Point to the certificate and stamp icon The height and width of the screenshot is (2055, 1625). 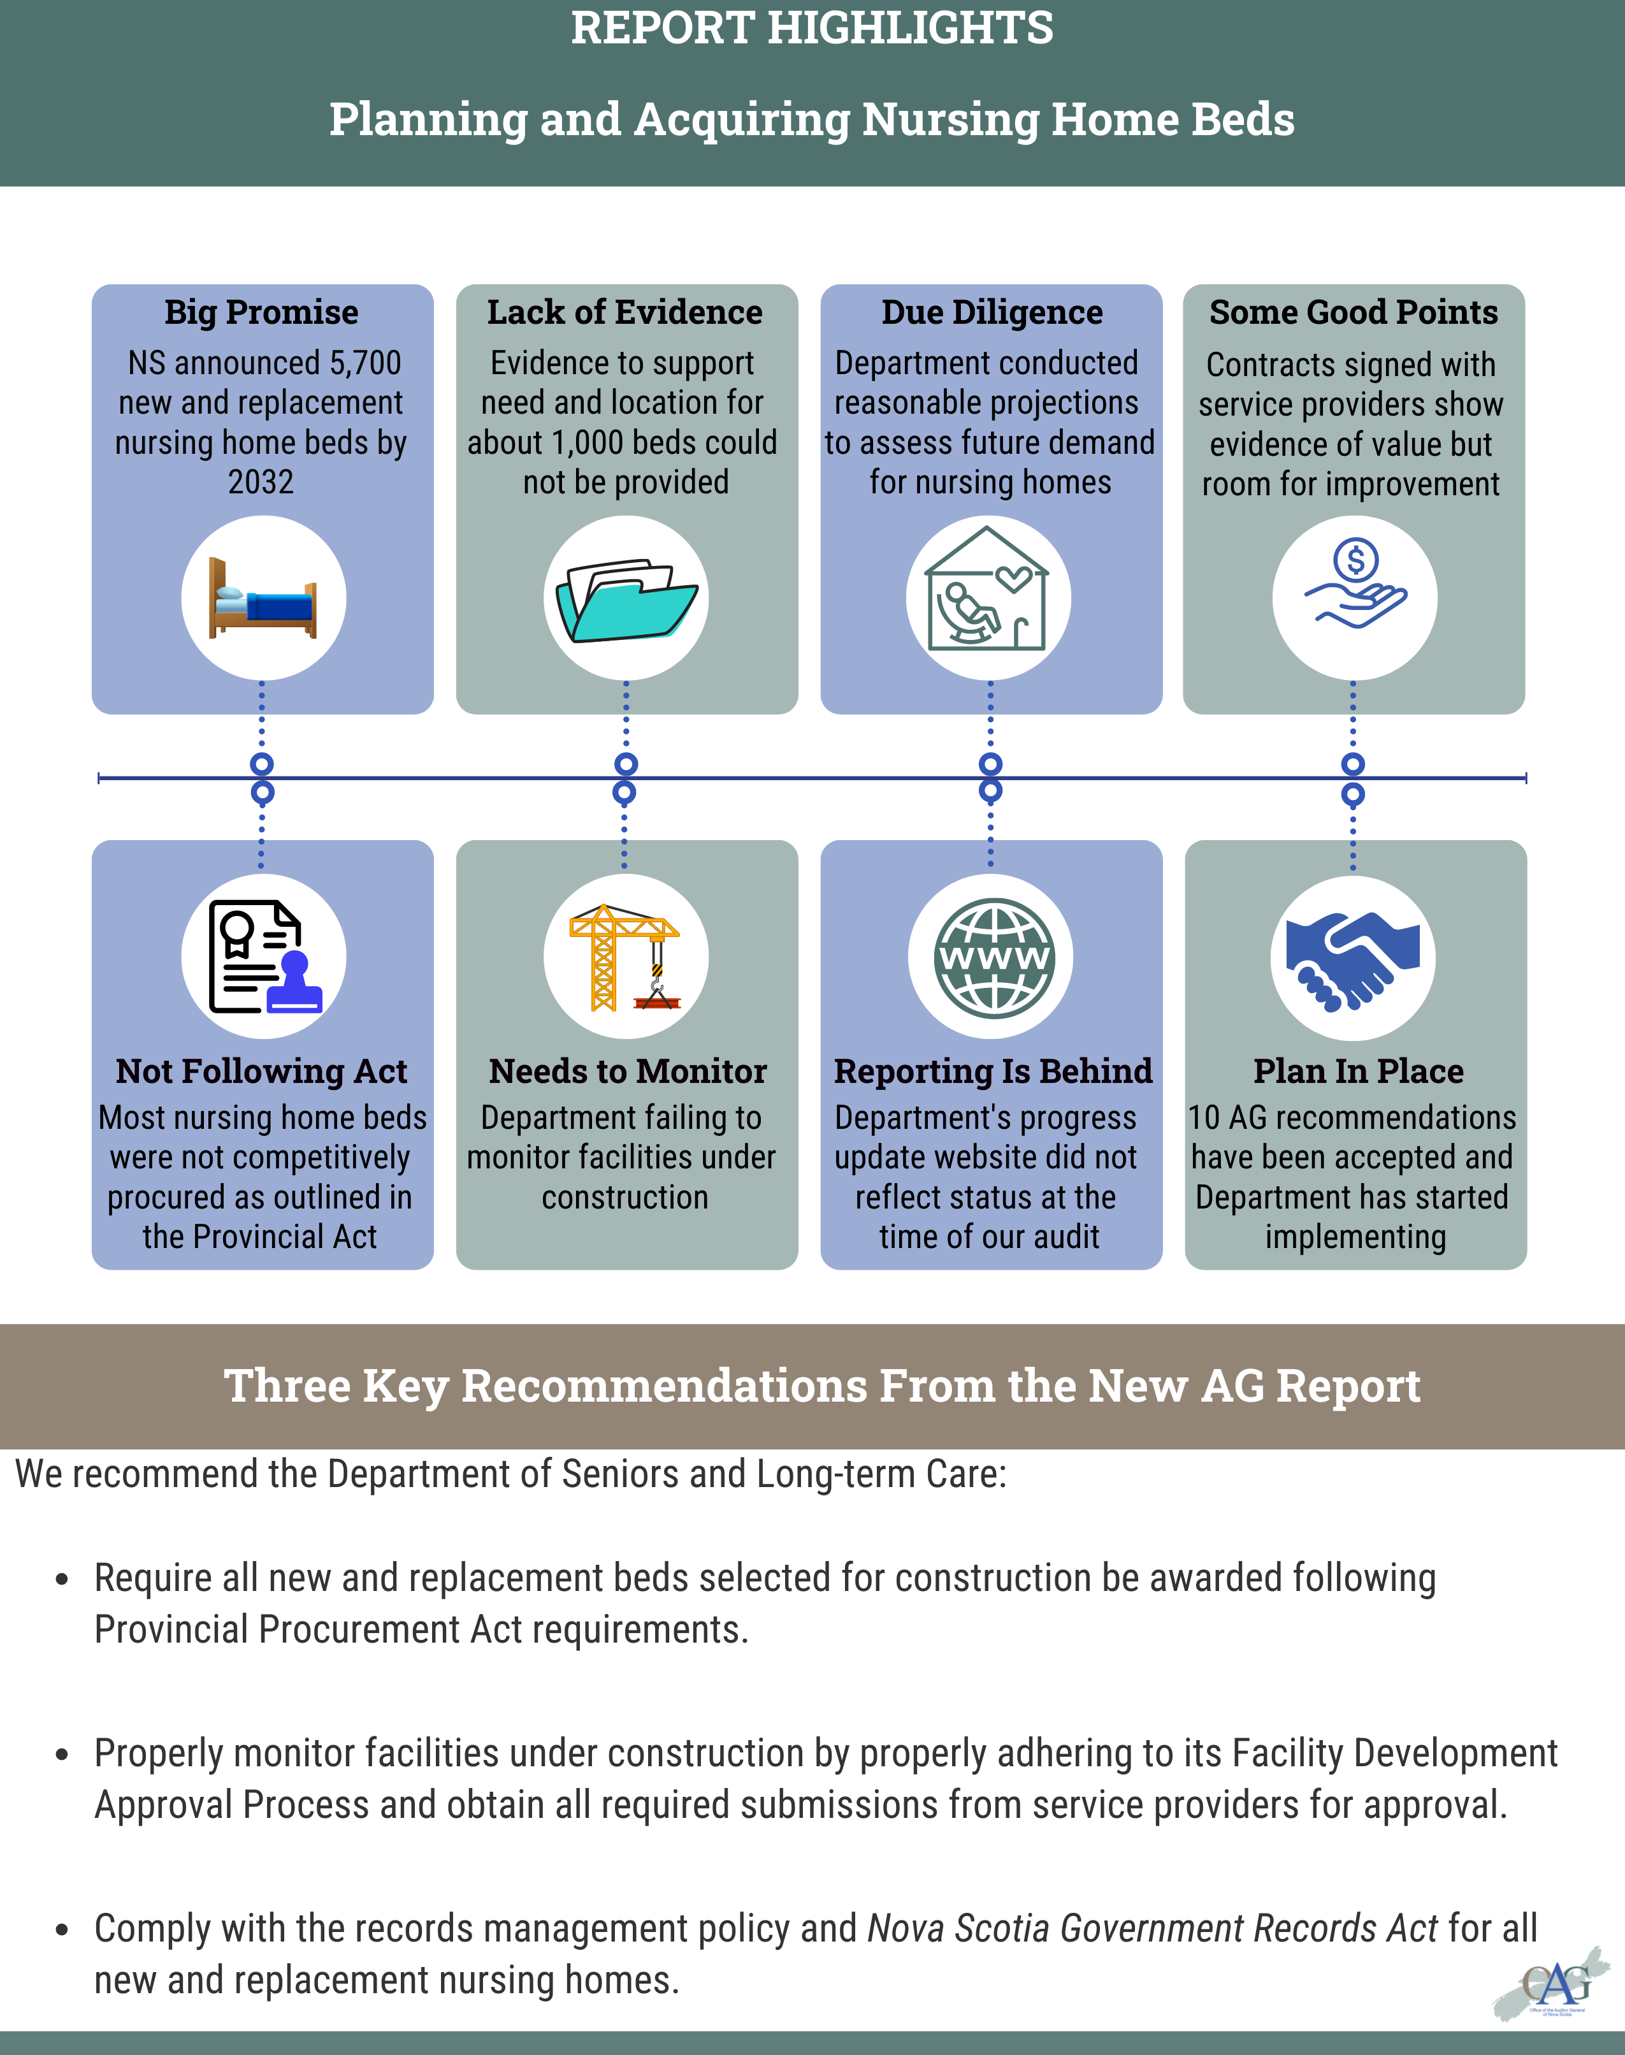coord(264,956)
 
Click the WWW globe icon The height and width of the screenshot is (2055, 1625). coord(992,956)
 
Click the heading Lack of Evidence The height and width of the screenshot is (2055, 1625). coord(625,312)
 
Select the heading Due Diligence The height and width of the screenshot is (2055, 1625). coord(992,312)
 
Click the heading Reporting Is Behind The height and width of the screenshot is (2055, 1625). coord(992,1071)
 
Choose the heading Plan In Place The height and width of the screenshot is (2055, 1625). coord(1357,1071)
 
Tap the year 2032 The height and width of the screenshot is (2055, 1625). coord(261,483)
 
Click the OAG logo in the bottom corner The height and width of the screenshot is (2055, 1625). coord(1553,1985)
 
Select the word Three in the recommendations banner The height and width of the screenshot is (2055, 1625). coord(286,1386)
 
